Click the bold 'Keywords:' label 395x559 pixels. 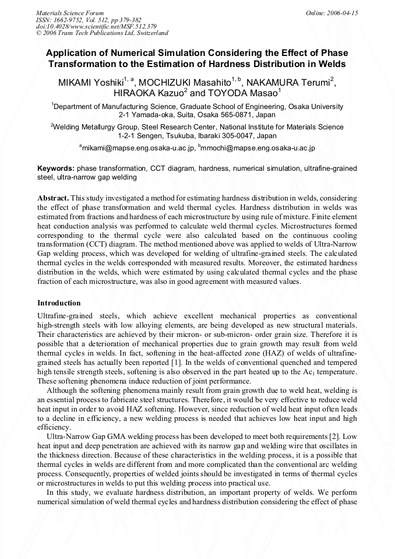click(55, 168)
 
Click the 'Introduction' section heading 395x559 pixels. click(59, 303)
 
